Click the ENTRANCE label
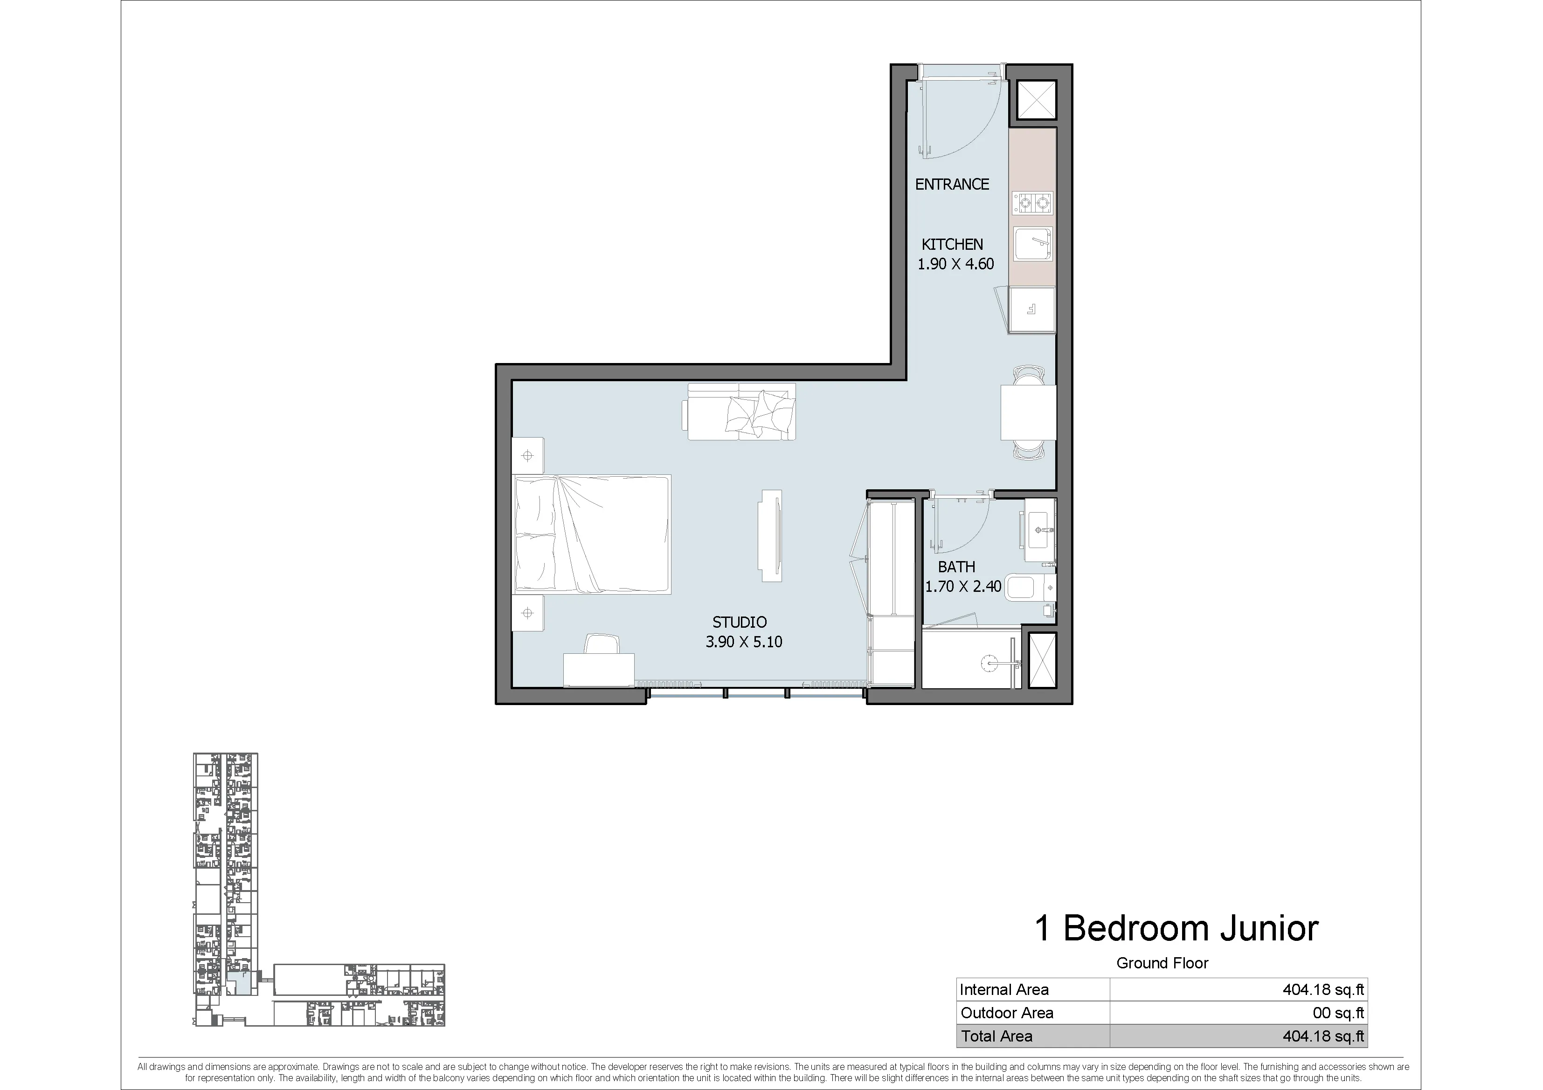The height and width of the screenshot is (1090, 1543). [x=952, y=184]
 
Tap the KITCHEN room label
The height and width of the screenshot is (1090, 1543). [x=952, y=245]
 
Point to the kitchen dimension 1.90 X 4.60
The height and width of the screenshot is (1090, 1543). [x=955, y=264]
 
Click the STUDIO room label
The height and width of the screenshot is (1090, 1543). [x=739, y=623]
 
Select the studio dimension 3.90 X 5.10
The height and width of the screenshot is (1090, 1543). [x=744, y=642]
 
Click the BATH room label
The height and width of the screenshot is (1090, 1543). [x=956, y=567]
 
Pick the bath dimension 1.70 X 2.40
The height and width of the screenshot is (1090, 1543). [x=963, y=586]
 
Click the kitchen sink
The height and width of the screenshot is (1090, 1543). [x=1033, y=244]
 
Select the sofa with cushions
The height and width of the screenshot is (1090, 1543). [x=739, y=411]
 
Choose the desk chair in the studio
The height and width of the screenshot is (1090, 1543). [x=602, y=644]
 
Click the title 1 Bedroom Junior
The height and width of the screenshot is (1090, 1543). [x=1176, y=928]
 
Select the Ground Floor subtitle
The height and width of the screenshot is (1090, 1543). [x=1162, y=963]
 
